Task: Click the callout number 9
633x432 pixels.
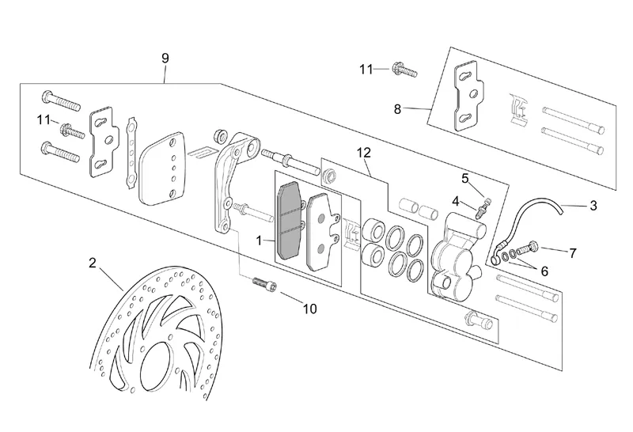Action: click(165, 58)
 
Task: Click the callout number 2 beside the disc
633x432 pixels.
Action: click(93, 263)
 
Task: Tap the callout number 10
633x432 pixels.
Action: click(309, 309)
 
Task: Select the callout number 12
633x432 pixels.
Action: click(363, 151)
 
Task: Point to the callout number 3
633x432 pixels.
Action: click(593, 206)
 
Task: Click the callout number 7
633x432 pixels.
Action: click(573, 253)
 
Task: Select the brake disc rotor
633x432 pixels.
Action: click(158, 340)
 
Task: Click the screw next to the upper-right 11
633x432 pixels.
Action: click(405, 71)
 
